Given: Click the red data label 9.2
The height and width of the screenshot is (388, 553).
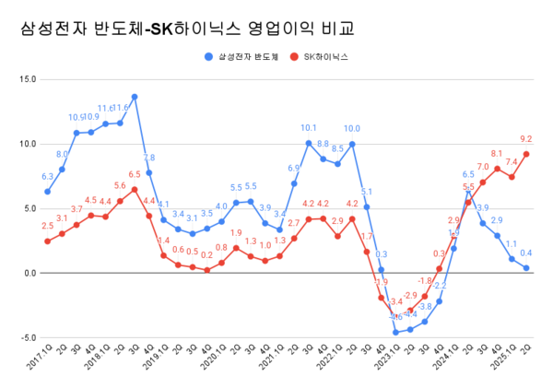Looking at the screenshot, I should (x=525, y=140).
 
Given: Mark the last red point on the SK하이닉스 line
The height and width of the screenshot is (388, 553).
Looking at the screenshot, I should (x=525, y=154).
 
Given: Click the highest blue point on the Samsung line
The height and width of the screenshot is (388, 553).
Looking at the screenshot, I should (x=135, y=97).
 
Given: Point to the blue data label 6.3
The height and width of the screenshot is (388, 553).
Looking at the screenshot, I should (x=47, y=177).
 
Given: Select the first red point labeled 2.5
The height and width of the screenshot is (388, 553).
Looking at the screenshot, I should (x=47, y=241).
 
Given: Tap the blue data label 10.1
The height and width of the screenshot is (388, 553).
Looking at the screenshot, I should (x=309, y=128).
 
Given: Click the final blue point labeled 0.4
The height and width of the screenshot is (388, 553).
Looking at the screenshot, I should (x=525, y=268).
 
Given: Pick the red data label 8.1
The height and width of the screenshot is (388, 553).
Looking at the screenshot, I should (x=497, y=154).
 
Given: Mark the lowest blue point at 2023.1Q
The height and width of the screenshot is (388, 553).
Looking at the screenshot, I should (x=395, y=332).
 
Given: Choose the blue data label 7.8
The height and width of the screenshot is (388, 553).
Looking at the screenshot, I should (x=148, y=159).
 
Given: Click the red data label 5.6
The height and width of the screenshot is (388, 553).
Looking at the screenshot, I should (x=120, y=186).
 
